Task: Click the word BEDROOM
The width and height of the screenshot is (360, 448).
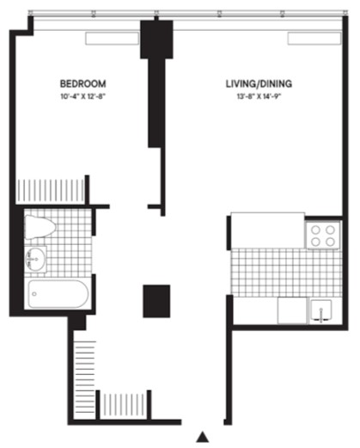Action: [x=82, y=83]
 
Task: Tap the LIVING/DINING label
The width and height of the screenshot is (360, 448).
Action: [x=259, y=83]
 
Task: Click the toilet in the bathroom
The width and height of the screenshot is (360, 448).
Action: [x=40, y=226]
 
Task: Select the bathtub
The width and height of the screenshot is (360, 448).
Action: [x=57, y=295]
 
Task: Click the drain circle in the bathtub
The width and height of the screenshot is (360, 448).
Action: [x=34, y=295]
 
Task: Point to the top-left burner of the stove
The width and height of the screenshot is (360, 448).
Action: [x=315, y=230]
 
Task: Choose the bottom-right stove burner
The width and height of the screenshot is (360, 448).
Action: [x=328, y=242]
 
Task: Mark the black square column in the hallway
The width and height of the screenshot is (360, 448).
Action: [x=156, y=300]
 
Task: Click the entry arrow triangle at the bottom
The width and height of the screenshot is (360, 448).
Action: [x=203, y=435]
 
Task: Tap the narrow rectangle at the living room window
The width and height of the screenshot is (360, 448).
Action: [x=309, y=37]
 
